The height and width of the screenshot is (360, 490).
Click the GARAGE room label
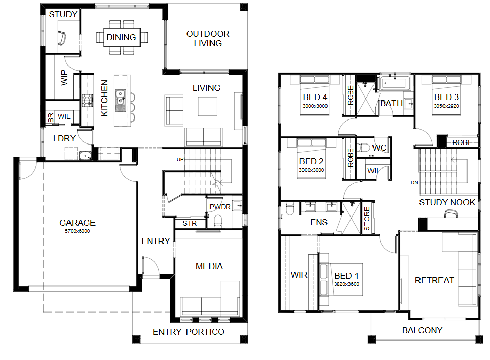pos(77,223)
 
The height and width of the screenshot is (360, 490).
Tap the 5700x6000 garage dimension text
pos(78,231)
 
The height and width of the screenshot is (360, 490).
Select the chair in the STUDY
pos(62,38)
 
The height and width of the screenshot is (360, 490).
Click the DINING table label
pos(121,37)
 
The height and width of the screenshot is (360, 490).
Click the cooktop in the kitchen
pos(87,101)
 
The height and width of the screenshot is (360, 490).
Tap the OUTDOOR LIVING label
pos(208,38)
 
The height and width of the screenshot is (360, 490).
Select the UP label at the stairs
pos(180,159)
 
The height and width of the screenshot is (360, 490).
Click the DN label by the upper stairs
pos(414,183)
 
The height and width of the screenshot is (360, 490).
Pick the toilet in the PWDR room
pos(218,222)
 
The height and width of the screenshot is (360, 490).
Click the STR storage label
pos(190,223)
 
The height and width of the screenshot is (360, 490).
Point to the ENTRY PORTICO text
pos(189,332)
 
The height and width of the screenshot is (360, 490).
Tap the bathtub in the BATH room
pos(394,83)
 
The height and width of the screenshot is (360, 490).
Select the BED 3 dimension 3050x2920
pos(446,106)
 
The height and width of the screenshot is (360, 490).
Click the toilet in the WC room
pos(363,148)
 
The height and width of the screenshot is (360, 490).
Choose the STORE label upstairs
pos(367,219)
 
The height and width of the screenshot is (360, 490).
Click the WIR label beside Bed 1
pos(299,275)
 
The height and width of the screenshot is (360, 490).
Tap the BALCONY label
pos(422,330)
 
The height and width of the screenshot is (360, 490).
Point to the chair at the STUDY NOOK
pos(451,213)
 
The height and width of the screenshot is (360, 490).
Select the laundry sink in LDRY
pos(85,155)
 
